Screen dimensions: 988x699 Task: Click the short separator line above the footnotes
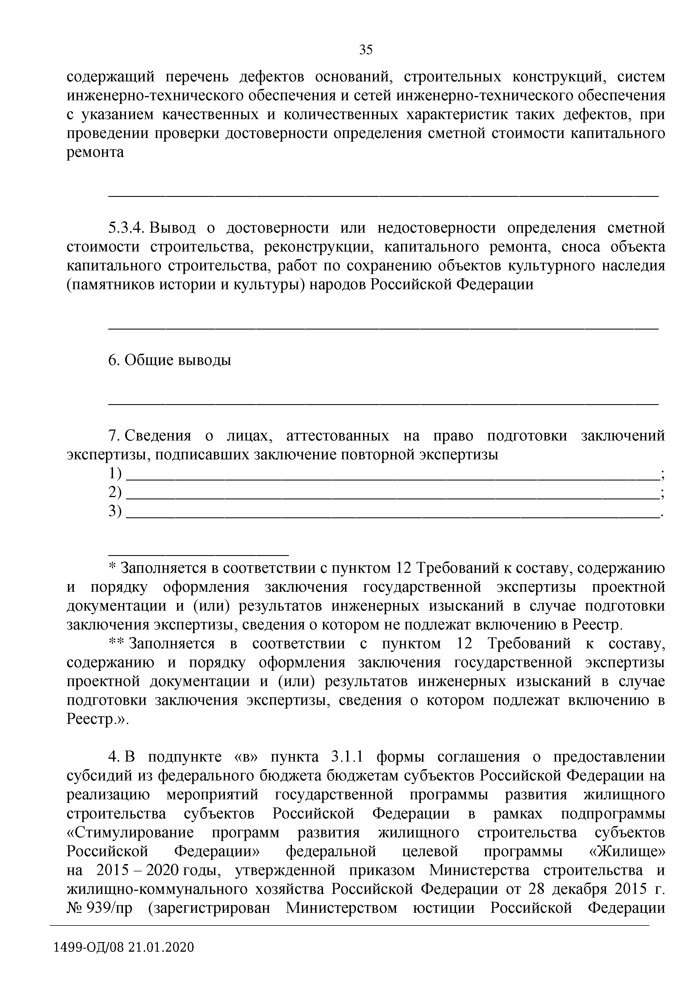pos(198,550)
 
